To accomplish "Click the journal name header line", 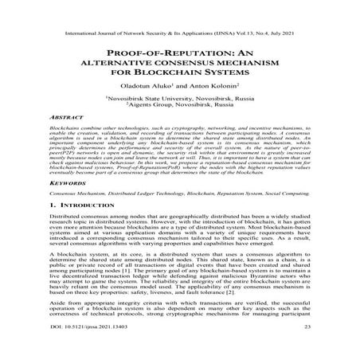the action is coord(180,14).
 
